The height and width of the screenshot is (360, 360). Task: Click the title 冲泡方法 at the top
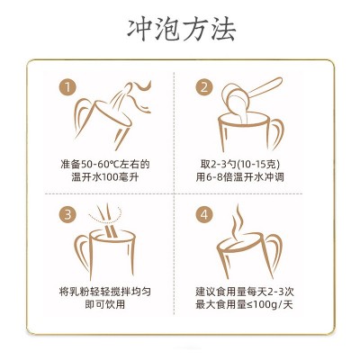(182, 30)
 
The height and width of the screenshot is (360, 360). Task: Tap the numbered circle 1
(67, 87)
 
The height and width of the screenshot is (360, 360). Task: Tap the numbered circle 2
(204, 87)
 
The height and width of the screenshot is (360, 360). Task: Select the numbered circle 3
(67, 215)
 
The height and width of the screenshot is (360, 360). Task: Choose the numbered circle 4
(204, 215)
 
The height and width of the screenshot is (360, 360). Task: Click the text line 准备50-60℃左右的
(105, 164)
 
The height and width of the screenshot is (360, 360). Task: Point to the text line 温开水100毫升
(105, 177)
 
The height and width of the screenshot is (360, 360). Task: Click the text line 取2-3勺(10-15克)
(240, 164)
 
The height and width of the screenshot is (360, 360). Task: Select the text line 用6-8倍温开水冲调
(240, 177)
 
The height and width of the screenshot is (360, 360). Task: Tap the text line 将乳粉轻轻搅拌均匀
(105, 292)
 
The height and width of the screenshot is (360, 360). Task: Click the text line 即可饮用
(105, 304)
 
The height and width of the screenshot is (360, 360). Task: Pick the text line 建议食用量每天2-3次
(245, 292)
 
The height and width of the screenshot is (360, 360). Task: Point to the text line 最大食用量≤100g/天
(244, 304)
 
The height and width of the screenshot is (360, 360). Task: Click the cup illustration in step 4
(249, 255)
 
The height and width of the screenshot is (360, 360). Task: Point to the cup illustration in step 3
(105, 255)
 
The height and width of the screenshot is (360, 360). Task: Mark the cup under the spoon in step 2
(250, 132)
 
